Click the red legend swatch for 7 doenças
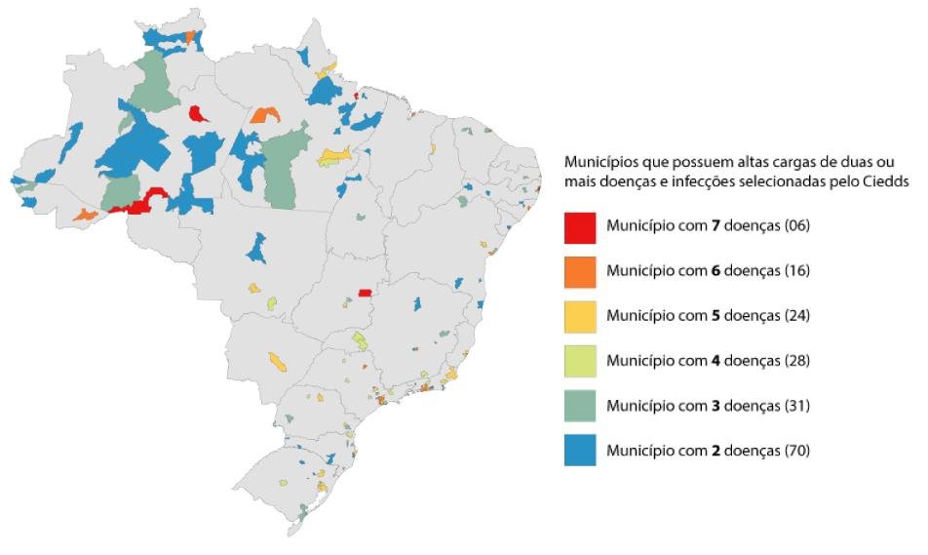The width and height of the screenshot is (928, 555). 580,226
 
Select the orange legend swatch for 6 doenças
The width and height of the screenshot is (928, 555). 580,271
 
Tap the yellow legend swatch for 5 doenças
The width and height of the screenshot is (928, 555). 580,316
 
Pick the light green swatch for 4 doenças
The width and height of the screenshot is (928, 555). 580,361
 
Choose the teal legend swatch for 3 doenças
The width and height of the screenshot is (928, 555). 580,406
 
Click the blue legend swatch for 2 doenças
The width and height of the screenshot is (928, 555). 580,451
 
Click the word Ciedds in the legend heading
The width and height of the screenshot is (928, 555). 886,180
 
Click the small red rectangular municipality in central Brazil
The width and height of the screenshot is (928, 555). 365,292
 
